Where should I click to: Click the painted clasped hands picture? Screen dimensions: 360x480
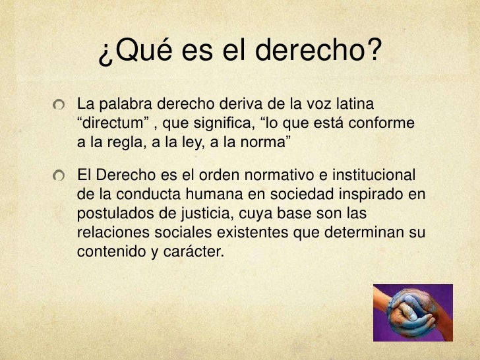[x=413, y=312]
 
